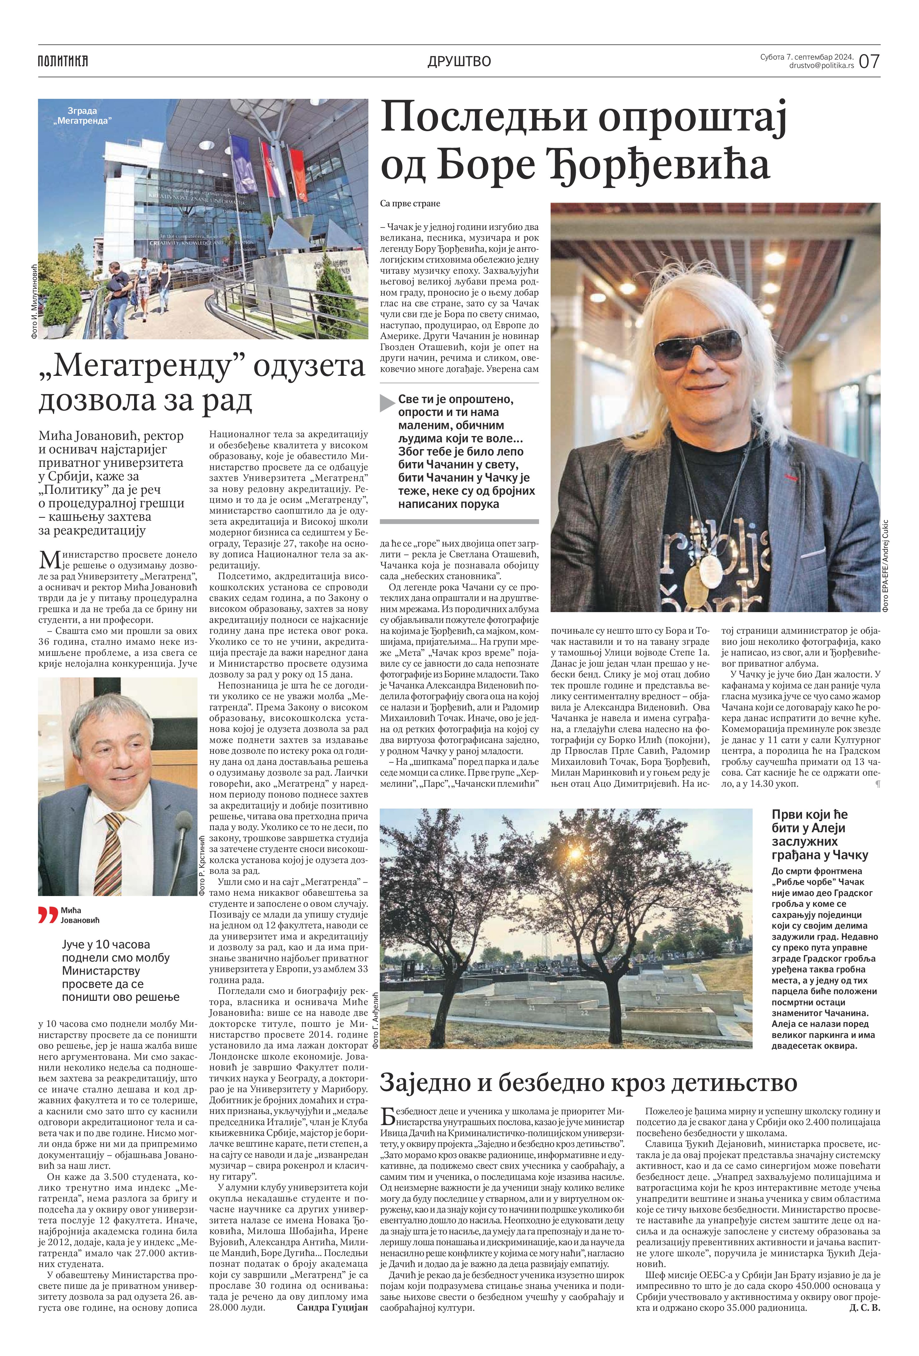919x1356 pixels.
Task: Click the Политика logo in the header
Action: click(x=63, y=61)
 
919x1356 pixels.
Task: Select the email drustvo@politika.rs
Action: click(x=821, y=66)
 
